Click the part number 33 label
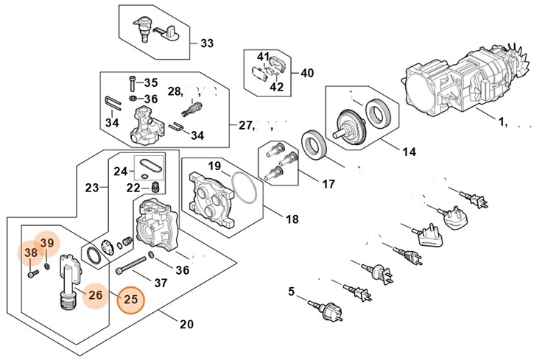(x=207, y=43)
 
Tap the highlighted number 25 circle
(x=131, y=300)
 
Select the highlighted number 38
(x=31, y=254)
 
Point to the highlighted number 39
(x=47, y=243)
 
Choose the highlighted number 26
(x=95, y=296)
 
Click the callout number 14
(x=409, y=152)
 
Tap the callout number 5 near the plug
(x=291, y=292)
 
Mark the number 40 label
(x=307, y=73)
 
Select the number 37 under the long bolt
(x=161, y=283)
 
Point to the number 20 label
(x=186, y=324)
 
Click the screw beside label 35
(x=133, y=82)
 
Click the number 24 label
(x=119, y=172)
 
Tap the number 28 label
(x=174, y=91)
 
